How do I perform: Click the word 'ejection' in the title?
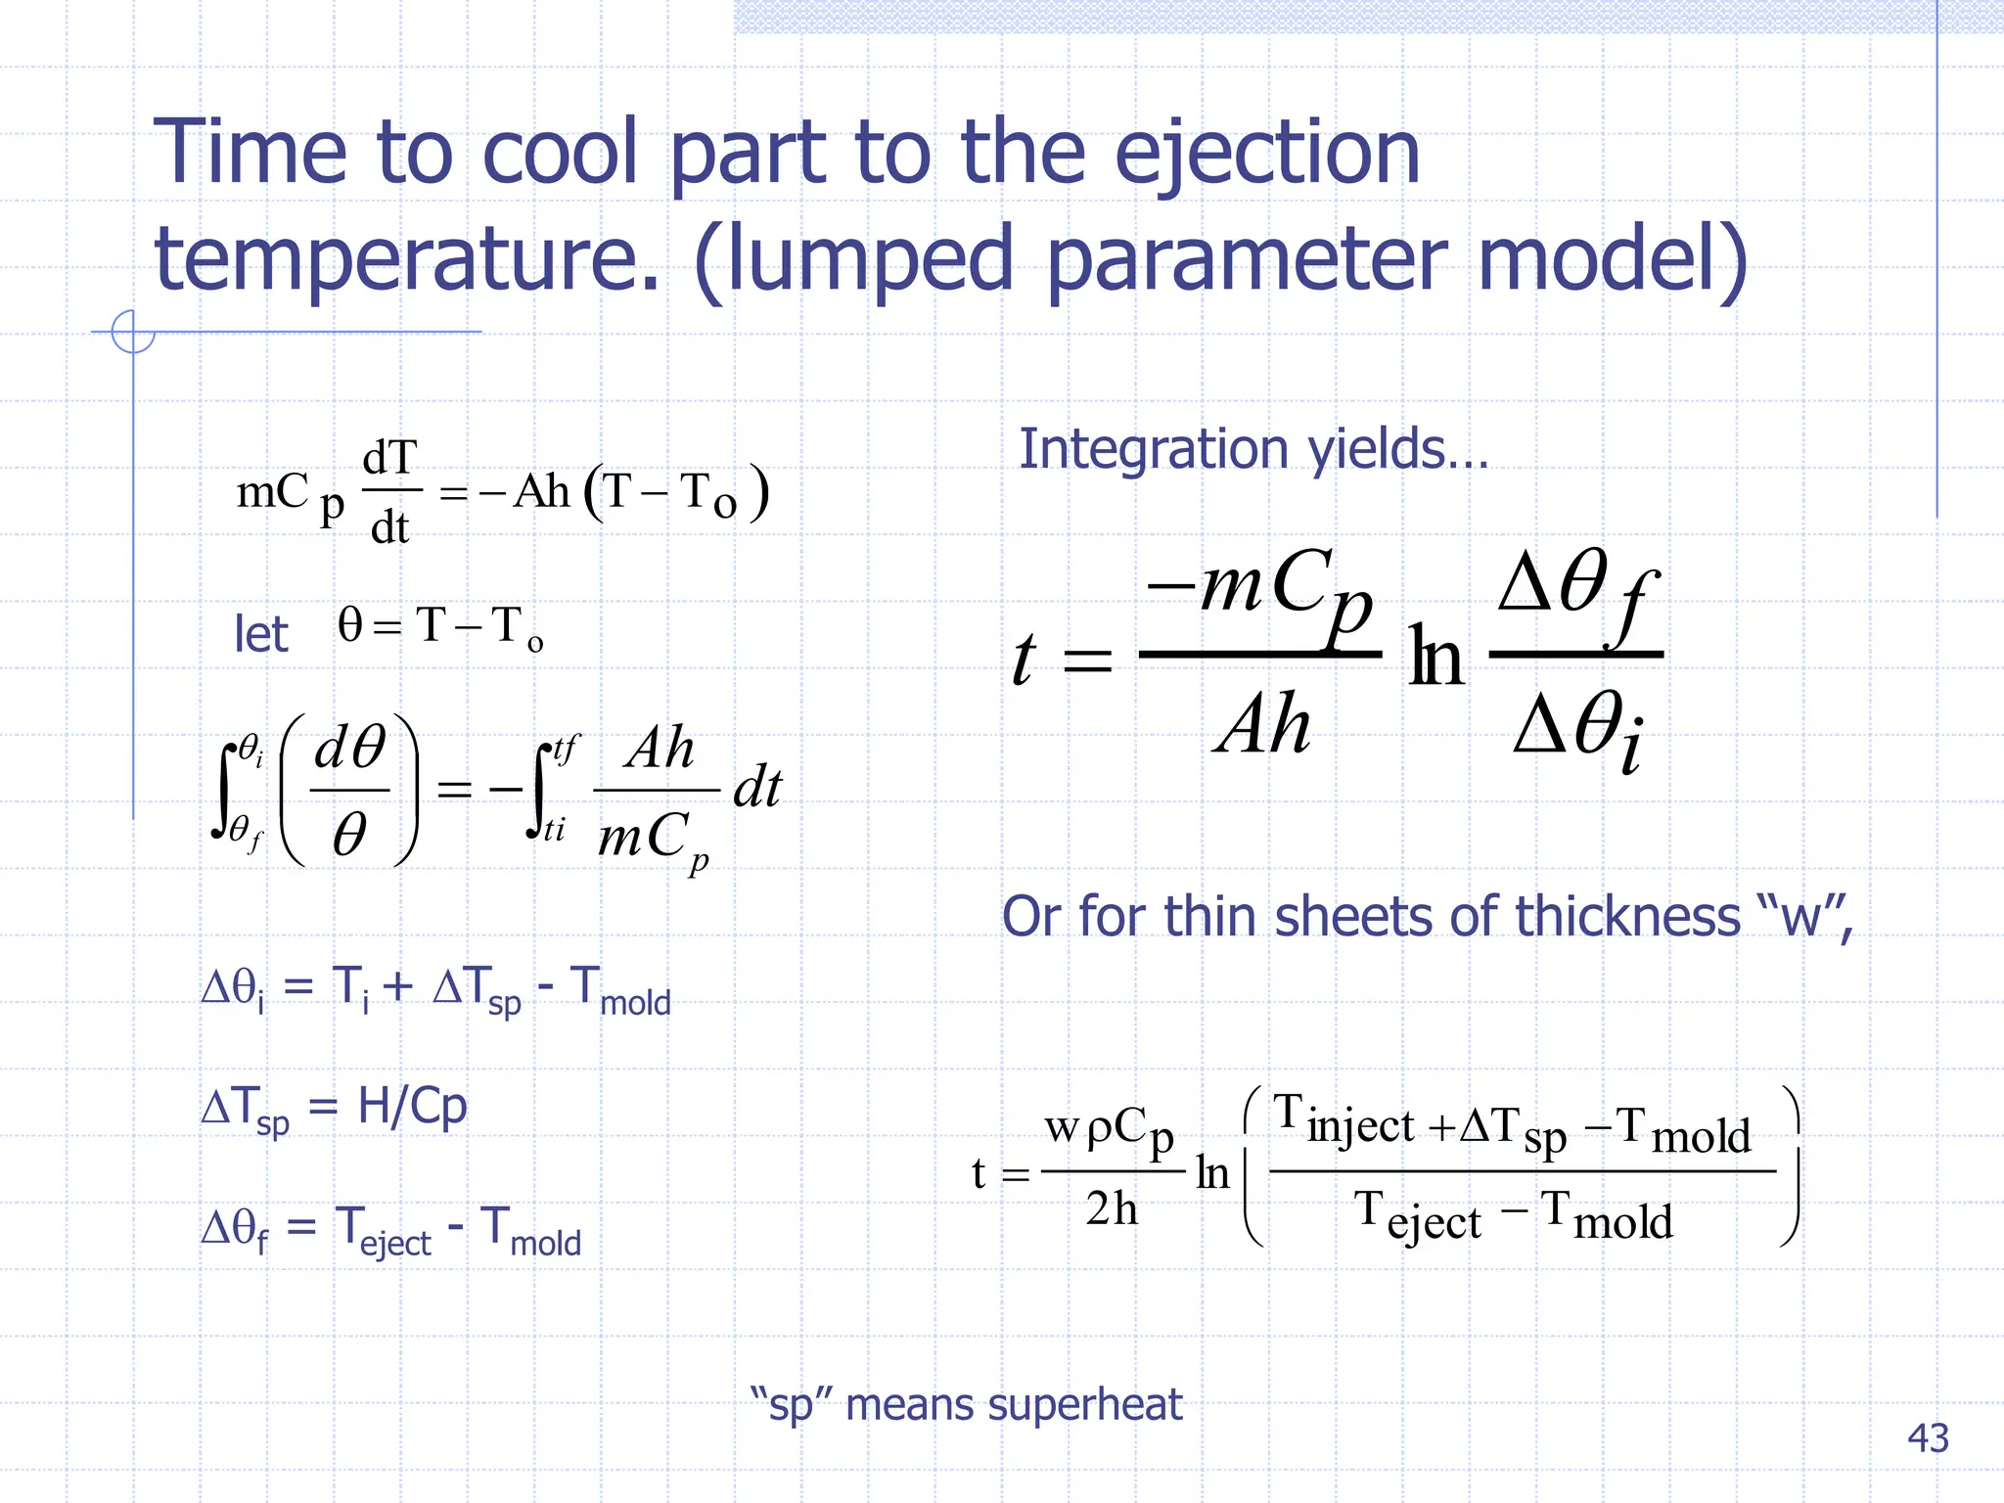coord(1267,155)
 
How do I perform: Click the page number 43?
coord(1928,1438)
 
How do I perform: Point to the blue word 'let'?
coord(260,634)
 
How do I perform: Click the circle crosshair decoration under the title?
coord(133,332)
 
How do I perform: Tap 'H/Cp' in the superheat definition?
coord(412,1107)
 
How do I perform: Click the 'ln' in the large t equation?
coord(1436,658)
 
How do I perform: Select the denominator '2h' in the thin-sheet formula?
coord(1112,1209)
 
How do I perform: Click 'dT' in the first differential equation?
coord(389,458)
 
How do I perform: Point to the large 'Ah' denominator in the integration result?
coord(1262,725)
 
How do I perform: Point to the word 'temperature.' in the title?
coord(407,259)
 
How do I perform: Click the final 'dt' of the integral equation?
coord(757,789)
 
